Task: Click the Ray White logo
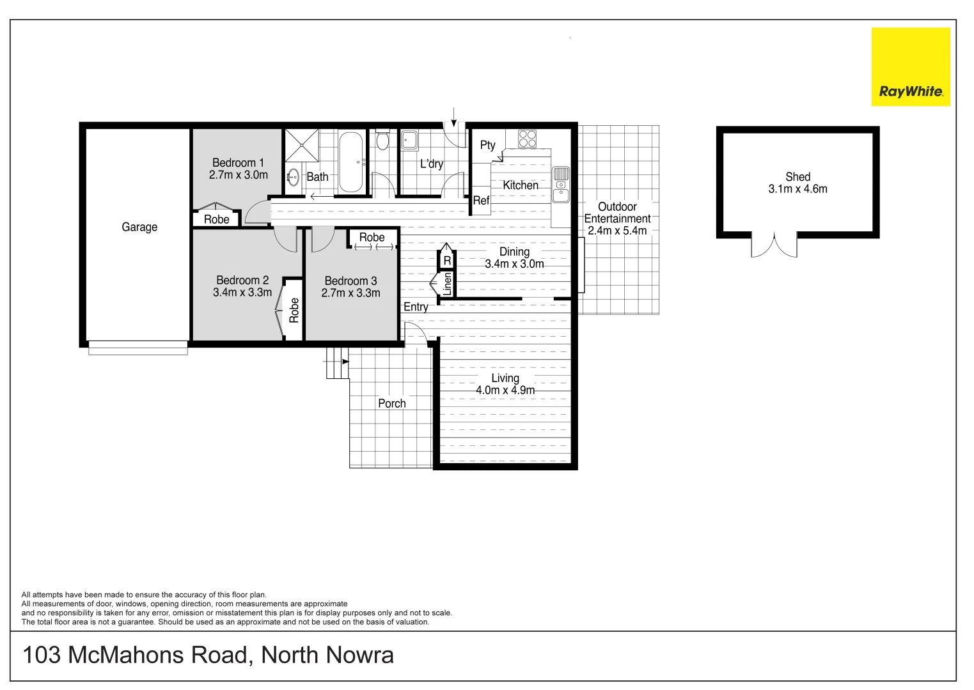pyautogui.click(x=910, y=66)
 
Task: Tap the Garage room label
pyautogui.click(x=139, y=227)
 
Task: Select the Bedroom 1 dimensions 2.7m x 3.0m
pyautogui.click(x=238, y=175)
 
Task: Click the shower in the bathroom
pyautogui.click(x=301, y=146)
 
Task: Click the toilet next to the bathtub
pyautogui.click(x=382, y=140)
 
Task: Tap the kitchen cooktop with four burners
pyautogui.click(x=527, y=139)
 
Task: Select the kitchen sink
pyautogui.click(x=560, y=185)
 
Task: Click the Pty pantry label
pyautogui.click(x=487, y=145)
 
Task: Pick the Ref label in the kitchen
pyautogui.click(x=481, y=201)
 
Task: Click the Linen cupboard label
pyautogui.click(x=447, y=284)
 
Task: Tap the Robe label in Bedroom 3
pyautogui.click(x=372, y=237)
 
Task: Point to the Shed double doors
pyautogui.click(x=774, y=245)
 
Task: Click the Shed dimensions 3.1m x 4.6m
pyautogui.click(x=797, y=189)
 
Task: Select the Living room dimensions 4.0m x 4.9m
pyautogui.click(x=505, y=390)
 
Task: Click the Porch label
pyautogui.click(x=391, y=404)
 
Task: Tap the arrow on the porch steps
pyautogui.click(x=345, y=362)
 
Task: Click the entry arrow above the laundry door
pyautogui.click(x=453, y=117)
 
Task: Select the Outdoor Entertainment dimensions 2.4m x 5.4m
pyautogui.click(x=617, y=231)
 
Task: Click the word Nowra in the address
pyautogui.click(x=359, y=655)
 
